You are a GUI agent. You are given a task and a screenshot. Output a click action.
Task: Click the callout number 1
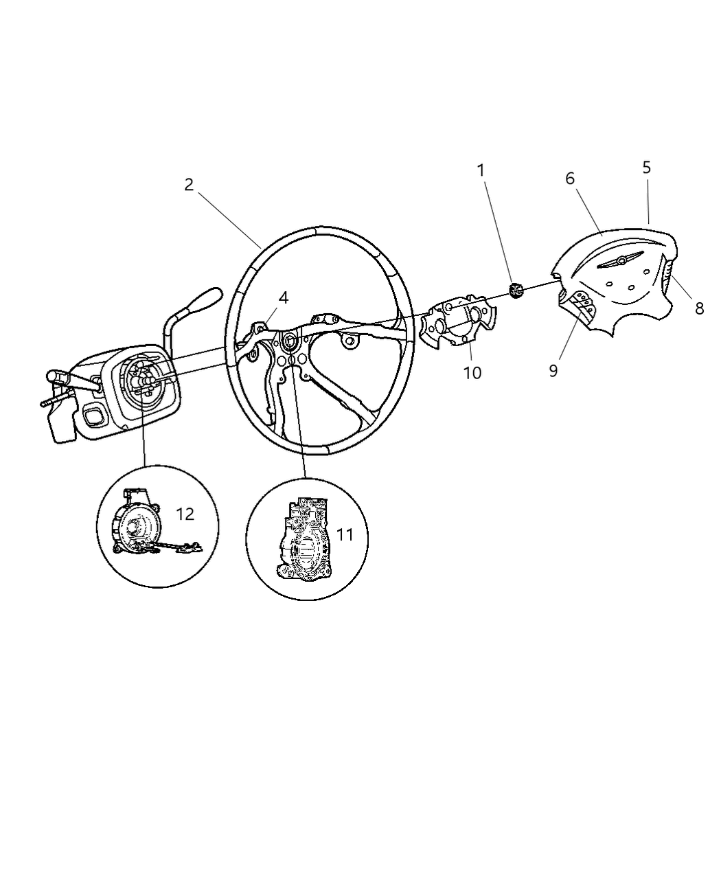pyautogui.click(x=481, y=170)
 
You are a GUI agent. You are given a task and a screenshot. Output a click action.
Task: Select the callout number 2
pyautogui.click(x=189, y=185)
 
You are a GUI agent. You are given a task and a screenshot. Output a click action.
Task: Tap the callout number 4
pyautogui.click(x=283, y=297)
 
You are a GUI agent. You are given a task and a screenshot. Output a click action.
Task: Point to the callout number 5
pyautogui.click(x=646, y=168)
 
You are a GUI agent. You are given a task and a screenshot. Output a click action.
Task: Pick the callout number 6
pyautogui.click(x=570, y=179)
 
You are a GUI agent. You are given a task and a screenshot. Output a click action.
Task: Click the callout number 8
pyautogui.click(x=699, y=308)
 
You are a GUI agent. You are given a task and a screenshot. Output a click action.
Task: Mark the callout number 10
pyautogui.click(x=472, y=372)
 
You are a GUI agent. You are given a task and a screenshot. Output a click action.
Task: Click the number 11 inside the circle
pyautogui.click(x=345, y=534)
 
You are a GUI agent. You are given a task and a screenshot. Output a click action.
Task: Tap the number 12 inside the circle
pyautogui.click(x=185, y=514)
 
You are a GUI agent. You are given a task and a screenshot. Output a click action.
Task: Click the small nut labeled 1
pyautogui.click(x=517, y=291)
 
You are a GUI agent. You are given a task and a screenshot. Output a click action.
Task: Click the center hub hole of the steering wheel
pyautogui.click(x=289, y=339)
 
